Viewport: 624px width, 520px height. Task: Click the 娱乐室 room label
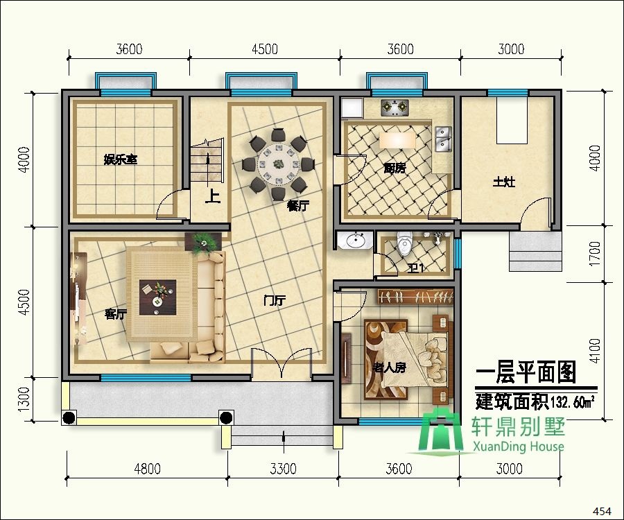click(121, 160)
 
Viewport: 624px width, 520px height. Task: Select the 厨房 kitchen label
click(395, 168)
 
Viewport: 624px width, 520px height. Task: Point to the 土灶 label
click(504, 182)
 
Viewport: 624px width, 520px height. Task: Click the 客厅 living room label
click(115, 314)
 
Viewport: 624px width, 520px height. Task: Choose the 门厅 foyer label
click(275, 300)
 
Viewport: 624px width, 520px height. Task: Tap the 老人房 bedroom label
click(389, 367)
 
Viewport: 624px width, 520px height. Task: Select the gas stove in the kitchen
click(396, 107)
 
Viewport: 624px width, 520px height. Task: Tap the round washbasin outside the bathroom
click(356, 241)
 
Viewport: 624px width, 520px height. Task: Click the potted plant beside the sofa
click(203, 241)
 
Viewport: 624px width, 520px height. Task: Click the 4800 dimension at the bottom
click(146, 469)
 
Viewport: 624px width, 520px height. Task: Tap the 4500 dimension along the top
click(264, 49)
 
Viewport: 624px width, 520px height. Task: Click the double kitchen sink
click(442, 138)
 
